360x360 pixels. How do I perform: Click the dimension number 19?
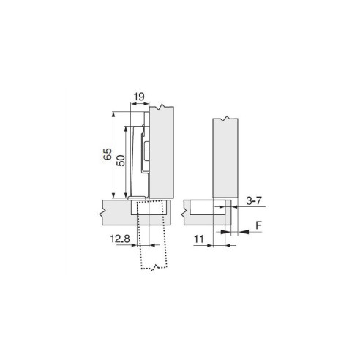pyautogui.click(x=138, y=95)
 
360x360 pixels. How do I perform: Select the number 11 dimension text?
pyautogui.click(x=200, y=238)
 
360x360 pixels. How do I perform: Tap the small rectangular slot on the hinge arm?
pyautogui.click(x=146, y=154)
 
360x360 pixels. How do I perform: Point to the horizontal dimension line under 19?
pyautogui.click(x=139, y=105)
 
